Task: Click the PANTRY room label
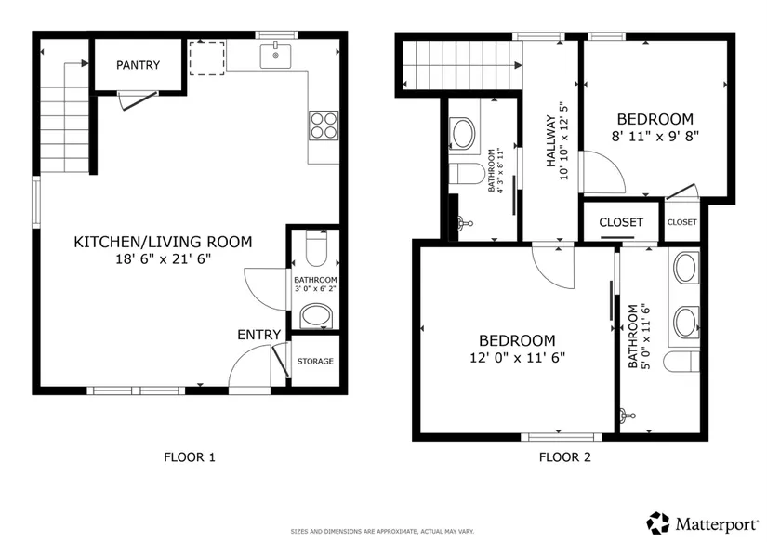pos(138,65)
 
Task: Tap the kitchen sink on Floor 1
pos(275,56)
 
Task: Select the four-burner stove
pos(324,126)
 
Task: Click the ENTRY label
pos(258,335)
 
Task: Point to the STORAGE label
pos(315,361)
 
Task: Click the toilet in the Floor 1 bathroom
pos(316,248)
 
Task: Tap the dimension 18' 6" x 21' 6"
pos(163,258)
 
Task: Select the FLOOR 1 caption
pos(190,457)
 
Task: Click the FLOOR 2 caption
pos(565,457)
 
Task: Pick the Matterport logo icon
pos(658,523)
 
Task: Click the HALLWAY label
pos(551,141)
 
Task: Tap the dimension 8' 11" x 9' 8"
pos(655,136)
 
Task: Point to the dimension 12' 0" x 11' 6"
pos(518,358)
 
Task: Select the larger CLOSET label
pos(621,222)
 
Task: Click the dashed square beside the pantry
pos(207,59)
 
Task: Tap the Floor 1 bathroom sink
pos(316,316)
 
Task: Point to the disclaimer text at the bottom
pos(382,531)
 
